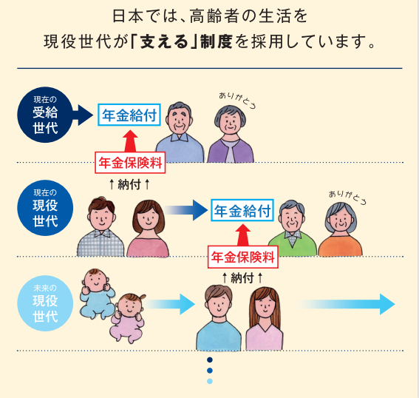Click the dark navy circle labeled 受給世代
click(x=45, y=115)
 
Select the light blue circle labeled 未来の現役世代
click(x=45, y=303)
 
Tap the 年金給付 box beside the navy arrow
click(x=129, y=115)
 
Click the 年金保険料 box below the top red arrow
click(x=130, y=163)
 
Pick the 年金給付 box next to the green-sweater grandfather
click(x=242, y=210)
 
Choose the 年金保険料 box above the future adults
click(x=243, y=257)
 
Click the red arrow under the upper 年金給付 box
click(x=130, y=141)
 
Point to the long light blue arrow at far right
click(x=347, y=304)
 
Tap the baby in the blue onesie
click(x=98, y=294)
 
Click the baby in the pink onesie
click(x=128, y=318)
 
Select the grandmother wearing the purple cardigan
click(x=231, y=134)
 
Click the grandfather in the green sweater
click(x=293, y=228)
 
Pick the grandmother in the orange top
click(x=341, y=229)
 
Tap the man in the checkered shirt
click(x=101, y=226)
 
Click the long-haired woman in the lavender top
click(x=265, y=318)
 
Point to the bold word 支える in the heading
click(x=164, y=41)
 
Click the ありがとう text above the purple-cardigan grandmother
click(x=237, y=100)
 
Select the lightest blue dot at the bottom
click(x=210, y=381)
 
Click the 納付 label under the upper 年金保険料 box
click(x=129, y=184)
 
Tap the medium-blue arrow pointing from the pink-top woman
click(x=186, y=210)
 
